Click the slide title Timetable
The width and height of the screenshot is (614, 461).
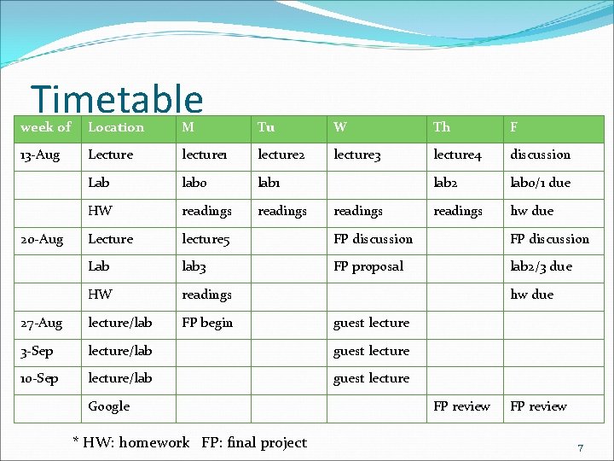tap(117, 99)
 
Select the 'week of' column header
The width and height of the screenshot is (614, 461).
tap(45, 127)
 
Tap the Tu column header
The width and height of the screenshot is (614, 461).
tap(266, 127)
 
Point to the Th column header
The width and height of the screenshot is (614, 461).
tap(441, 127)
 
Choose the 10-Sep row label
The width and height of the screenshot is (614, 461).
tap(39, 378)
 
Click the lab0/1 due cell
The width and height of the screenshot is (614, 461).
tap(540, 183)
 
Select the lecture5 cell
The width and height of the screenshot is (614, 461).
tap(206, 239)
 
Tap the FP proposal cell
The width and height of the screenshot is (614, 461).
tap(368, 266)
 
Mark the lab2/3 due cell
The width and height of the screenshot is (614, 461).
tap(541, 266)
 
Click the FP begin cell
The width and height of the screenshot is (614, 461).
tap(207, 323)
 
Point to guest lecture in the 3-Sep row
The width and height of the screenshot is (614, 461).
tap(371, 351)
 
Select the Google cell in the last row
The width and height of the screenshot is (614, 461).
tap(109, 406)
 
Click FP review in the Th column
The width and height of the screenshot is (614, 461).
tap(461, 406)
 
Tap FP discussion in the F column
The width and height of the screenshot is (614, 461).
tap(549, 239)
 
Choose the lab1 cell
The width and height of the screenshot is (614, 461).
tap(269, 183)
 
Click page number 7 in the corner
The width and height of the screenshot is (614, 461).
tap(580, 448)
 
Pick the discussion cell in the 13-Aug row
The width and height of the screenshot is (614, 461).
tap(540, 155)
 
